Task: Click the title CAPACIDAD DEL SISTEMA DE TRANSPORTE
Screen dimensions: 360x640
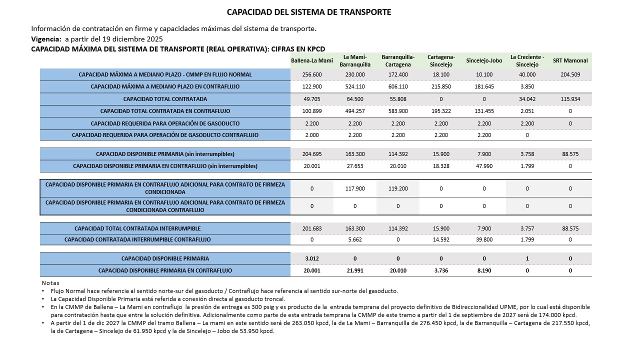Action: click(x=309, y=12)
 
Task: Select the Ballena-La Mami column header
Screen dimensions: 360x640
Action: click(x=312, y=61)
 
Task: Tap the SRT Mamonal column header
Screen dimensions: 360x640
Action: click(x=570, y=61)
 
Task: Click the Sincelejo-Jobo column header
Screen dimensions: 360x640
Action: click(x=484, y=61)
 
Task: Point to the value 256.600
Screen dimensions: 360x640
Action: click(x=312, y=74)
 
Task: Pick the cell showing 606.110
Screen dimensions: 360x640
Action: click(x=398, y=86)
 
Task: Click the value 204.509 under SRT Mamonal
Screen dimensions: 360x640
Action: click(x=570, y=74)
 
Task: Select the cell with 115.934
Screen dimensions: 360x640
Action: click(x=570, y=99)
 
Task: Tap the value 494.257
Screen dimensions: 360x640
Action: click(x=355, y=111)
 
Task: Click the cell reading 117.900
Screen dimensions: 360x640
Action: click(x=355, y=188)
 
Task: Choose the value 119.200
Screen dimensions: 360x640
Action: click(x=398, y=188)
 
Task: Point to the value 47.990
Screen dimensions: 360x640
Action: click(x=484, y=166)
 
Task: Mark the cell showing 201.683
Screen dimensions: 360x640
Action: click(x=312, y=228)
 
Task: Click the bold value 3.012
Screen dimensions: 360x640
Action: click(x=312, y=258)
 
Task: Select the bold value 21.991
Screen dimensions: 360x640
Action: click(x=355, y=270)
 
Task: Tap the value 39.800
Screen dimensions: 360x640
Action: click(x=484, y=239)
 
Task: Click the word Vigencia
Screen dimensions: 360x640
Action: click(x=46, y=39)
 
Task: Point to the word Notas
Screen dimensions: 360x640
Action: click(x=50, y=283)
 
